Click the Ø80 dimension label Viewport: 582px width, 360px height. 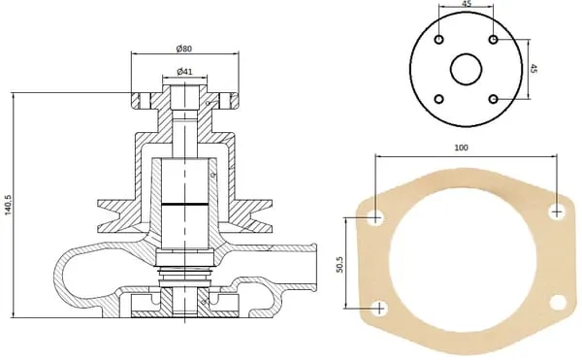184,49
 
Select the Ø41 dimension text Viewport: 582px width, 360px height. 185,71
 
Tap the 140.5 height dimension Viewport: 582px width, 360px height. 8,204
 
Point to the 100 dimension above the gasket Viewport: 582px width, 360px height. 461,147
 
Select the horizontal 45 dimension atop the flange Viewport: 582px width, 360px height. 467,4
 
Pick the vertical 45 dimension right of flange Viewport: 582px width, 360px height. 533,69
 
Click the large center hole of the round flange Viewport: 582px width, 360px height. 467,69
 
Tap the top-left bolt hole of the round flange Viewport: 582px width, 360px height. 439,40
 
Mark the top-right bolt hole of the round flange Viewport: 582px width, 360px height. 494,39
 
